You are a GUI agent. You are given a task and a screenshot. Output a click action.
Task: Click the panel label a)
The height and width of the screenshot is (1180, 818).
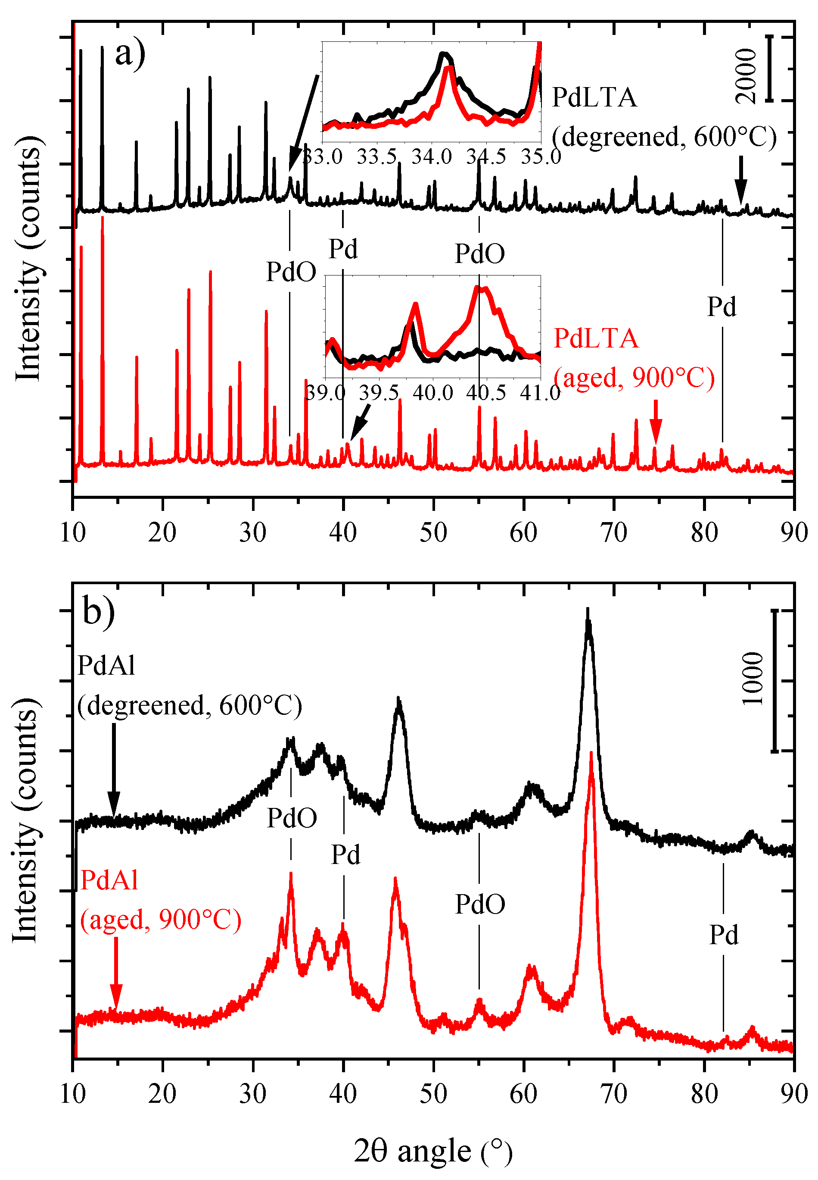[130, 54]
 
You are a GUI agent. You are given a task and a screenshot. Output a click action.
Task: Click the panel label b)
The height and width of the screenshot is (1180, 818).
[98, 612]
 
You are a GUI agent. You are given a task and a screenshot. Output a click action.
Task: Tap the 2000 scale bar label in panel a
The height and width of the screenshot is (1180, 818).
[746, 76]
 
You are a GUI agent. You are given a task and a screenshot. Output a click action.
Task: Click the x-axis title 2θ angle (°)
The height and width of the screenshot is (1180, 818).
[433, 1150]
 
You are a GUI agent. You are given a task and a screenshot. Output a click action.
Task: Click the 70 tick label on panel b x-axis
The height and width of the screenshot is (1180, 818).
[613, 1093]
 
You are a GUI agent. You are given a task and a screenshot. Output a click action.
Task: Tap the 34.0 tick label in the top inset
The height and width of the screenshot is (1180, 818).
[432, 156]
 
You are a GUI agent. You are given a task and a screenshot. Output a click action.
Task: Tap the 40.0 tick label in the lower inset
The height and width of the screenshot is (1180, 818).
[433, 393]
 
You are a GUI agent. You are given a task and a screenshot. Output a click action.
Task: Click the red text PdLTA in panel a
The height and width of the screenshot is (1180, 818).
[596, 338]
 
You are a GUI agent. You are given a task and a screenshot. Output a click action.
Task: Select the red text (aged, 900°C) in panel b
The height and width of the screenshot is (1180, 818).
[160, 919]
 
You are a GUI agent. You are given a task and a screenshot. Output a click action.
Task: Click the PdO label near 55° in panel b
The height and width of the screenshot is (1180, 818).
[480, 904]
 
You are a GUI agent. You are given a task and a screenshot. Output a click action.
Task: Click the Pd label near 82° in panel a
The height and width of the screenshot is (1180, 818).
[722, 307]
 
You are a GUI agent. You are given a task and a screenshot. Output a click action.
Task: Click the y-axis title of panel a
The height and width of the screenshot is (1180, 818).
[28, 259]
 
